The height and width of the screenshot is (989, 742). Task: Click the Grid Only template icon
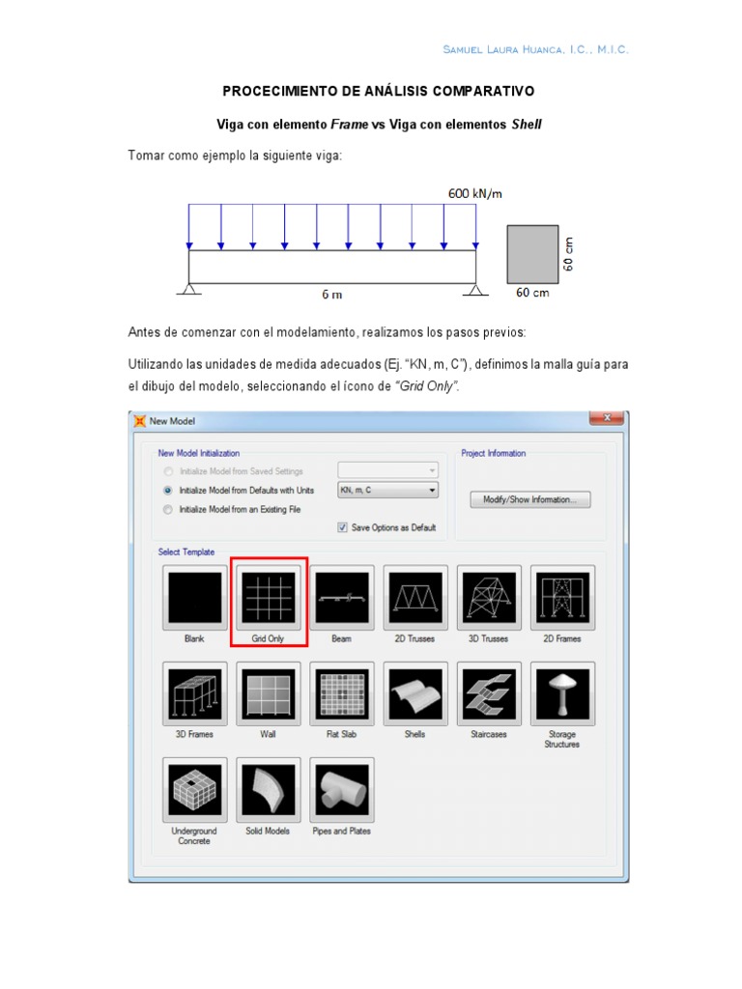(268, 598)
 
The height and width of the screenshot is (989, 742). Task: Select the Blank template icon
(194, 598)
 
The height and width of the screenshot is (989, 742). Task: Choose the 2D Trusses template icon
(414, 598)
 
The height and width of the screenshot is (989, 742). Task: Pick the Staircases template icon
(488, 692)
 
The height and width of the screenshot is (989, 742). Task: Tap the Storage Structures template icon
(561, 692)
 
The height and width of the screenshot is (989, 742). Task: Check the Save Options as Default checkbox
(343, 527)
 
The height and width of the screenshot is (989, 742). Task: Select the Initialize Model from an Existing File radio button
(169, 509)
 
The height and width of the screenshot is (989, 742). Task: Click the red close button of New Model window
(606, 419)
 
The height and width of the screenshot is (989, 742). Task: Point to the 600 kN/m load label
(474, 193)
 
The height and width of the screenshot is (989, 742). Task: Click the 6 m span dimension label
(332, 293)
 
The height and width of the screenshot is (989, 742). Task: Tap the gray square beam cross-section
(532, 254)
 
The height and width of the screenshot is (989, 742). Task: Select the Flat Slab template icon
(341, 692)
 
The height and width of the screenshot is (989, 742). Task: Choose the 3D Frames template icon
(194, 692)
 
